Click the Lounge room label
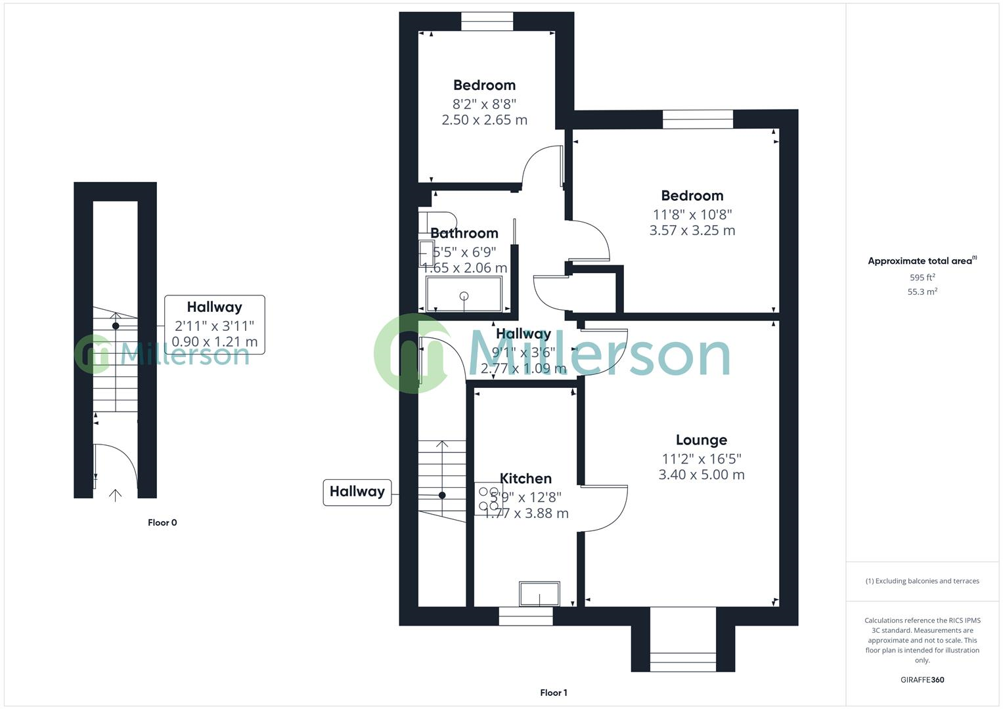tap(701, 440)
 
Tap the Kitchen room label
tap(525, 479)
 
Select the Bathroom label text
tap(464, 233)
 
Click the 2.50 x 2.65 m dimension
tap(485, 120)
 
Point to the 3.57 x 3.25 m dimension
tap(692, 230)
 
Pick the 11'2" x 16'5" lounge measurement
tap(702, 459)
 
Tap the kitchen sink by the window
tap(539, 594)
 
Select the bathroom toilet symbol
tap(439, 221)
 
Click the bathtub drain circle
tap(464, 296)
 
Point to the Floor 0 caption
tap(162, 523)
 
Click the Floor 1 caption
tap(553, 693)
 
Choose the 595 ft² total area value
tap(922, 278)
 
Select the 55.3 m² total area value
tap(922, 292)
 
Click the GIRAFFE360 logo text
tap(922, 680)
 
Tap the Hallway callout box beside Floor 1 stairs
tap(357, 492)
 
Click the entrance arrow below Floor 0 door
tap(115, 495)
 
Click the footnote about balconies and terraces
tap(922, 581)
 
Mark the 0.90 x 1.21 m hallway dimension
tap(215, 342)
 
